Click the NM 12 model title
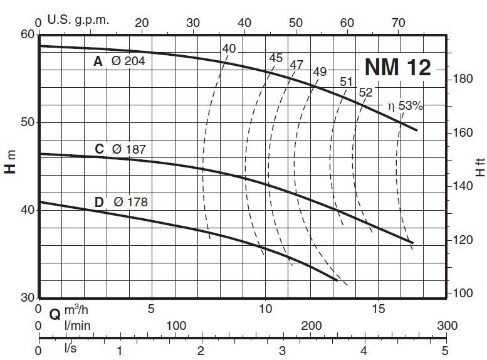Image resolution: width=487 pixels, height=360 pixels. [398, 67]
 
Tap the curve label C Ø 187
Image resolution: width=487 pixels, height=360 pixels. [123, 149]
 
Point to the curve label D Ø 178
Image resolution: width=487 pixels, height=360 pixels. [123, 202]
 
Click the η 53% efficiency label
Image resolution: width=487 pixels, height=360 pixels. [406, 106]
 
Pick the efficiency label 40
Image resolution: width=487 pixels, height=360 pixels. [229, 48]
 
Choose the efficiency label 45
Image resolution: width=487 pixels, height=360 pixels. [276, 58]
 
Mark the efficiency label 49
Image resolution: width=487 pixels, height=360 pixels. [320, 71]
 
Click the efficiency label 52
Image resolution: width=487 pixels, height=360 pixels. [365, 92]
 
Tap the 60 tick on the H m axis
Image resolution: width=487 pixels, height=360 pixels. [28, 34]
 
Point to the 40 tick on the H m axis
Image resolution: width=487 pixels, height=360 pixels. [28, 209]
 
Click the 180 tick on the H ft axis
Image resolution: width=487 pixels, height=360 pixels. [462, 80]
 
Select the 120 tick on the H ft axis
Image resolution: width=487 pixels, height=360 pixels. [462, 240]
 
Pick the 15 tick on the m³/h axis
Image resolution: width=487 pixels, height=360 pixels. [378, 309]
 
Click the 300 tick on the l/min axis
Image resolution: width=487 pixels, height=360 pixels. [447, 326]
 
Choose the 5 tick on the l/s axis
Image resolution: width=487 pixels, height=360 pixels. [444, 349]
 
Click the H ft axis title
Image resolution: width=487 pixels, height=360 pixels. [480, 166]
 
